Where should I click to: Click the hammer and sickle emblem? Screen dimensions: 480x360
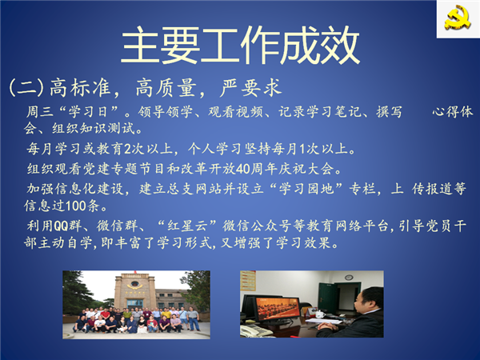pyautogui.click(x=458, y=18)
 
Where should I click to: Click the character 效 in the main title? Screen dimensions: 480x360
pyautogui.click(x=341, y=45)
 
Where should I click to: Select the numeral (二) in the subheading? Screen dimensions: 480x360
pyautogui.click(x=26, y=87)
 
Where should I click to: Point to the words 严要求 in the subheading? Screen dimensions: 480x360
pyautogui.click(x=251, y=87)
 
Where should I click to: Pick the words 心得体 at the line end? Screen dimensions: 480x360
pyautogui.click(x=453, y=112)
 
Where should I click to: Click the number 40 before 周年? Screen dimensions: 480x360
pyautogui.click(x=242, y=169)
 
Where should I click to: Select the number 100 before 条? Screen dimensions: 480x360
pyautogui.click(x=76, y=206)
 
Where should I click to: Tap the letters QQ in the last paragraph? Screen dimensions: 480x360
pyautogui.click(x=61, y=226)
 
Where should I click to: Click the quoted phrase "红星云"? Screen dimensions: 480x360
pyautogui.click(x=187, y=226)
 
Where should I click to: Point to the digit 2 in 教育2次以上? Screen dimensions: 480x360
pyautogui.click(x=127, y=149)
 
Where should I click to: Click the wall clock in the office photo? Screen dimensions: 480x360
pyautogui.click(x=348, y=278)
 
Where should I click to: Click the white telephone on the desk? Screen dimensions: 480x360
pyautogui.click(x=252, y=330)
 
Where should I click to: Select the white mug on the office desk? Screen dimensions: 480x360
pyautogui.click(x=319, y=314)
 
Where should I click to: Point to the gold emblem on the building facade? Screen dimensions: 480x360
pyautogui.click(x=134, y=286)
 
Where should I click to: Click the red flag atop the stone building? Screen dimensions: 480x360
pyautogui.click(x=134, y=272)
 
